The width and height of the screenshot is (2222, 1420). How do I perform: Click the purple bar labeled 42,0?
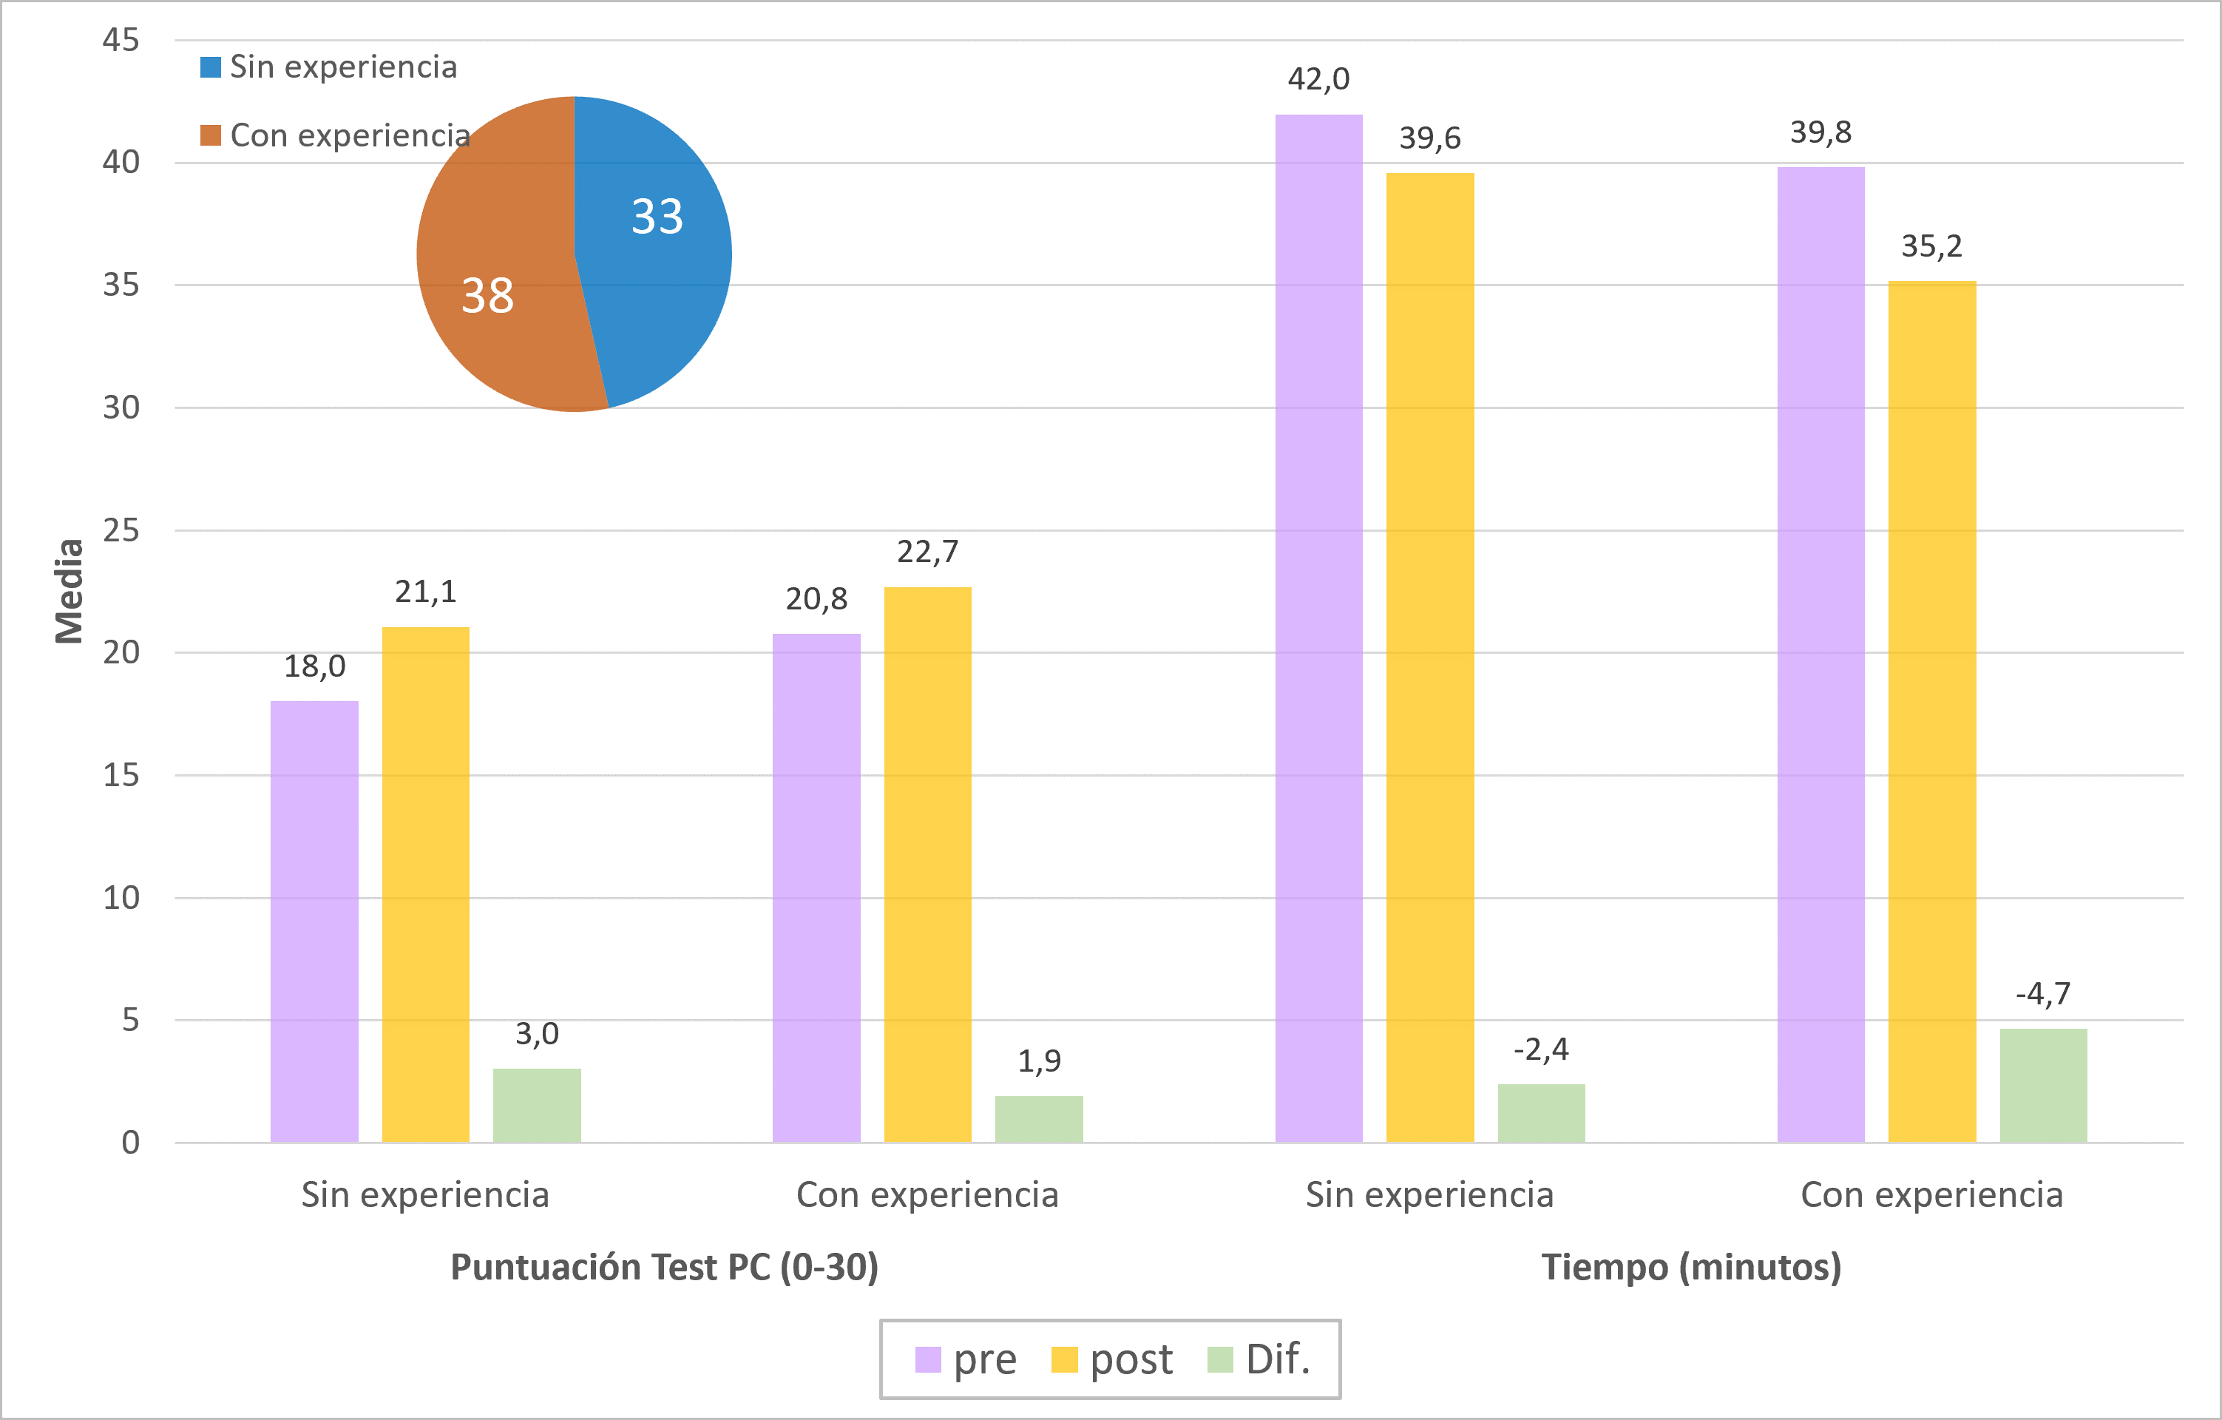pos(1318,627)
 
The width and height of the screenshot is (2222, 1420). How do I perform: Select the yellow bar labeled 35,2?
pos(1931,711)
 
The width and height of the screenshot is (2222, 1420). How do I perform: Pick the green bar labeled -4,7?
pos(2043,1085)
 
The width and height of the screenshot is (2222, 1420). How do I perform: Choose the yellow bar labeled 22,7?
pos(927,864)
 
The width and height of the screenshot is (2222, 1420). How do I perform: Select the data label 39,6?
pos(1429,138)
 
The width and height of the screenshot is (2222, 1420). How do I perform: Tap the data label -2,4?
pos(1540,1049)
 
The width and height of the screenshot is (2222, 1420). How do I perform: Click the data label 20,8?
pos(816,600)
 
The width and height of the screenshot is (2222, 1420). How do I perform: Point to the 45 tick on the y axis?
pos(121,40)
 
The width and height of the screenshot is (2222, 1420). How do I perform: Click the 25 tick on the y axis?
pos(121,530)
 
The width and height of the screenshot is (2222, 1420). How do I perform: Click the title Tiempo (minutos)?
pos(1690,1267)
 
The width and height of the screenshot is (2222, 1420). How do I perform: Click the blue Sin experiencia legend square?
pos(211,67)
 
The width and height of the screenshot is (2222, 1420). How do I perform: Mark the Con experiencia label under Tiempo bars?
pos(1931,1195)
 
